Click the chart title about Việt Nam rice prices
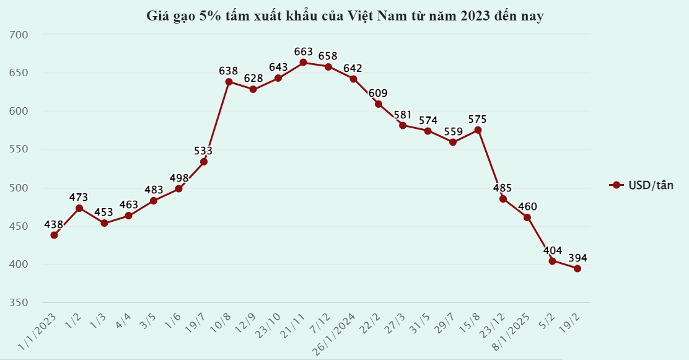click(344, 16)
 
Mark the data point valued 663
click(303, 63)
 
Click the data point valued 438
click(55, 235)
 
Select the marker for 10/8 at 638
click(229, 82)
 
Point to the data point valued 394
click(577, 268)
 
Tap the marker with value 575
click(478, 130)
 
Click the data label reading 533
click(203, 151)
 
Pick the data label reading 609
click(378, 93)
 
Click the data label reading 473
click(79, 197)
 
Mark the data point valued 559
click(453, 142)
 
